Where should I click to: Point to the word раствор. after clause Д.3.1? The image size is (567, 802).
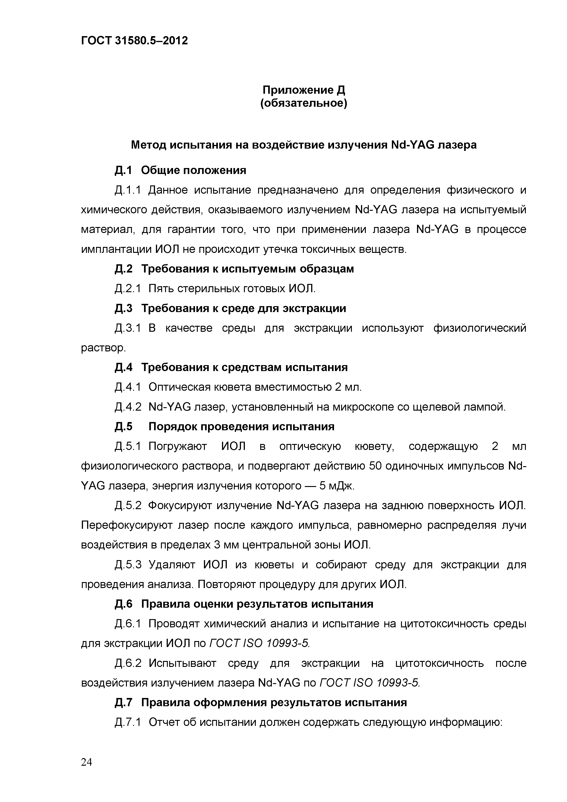tap(103, 348)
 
